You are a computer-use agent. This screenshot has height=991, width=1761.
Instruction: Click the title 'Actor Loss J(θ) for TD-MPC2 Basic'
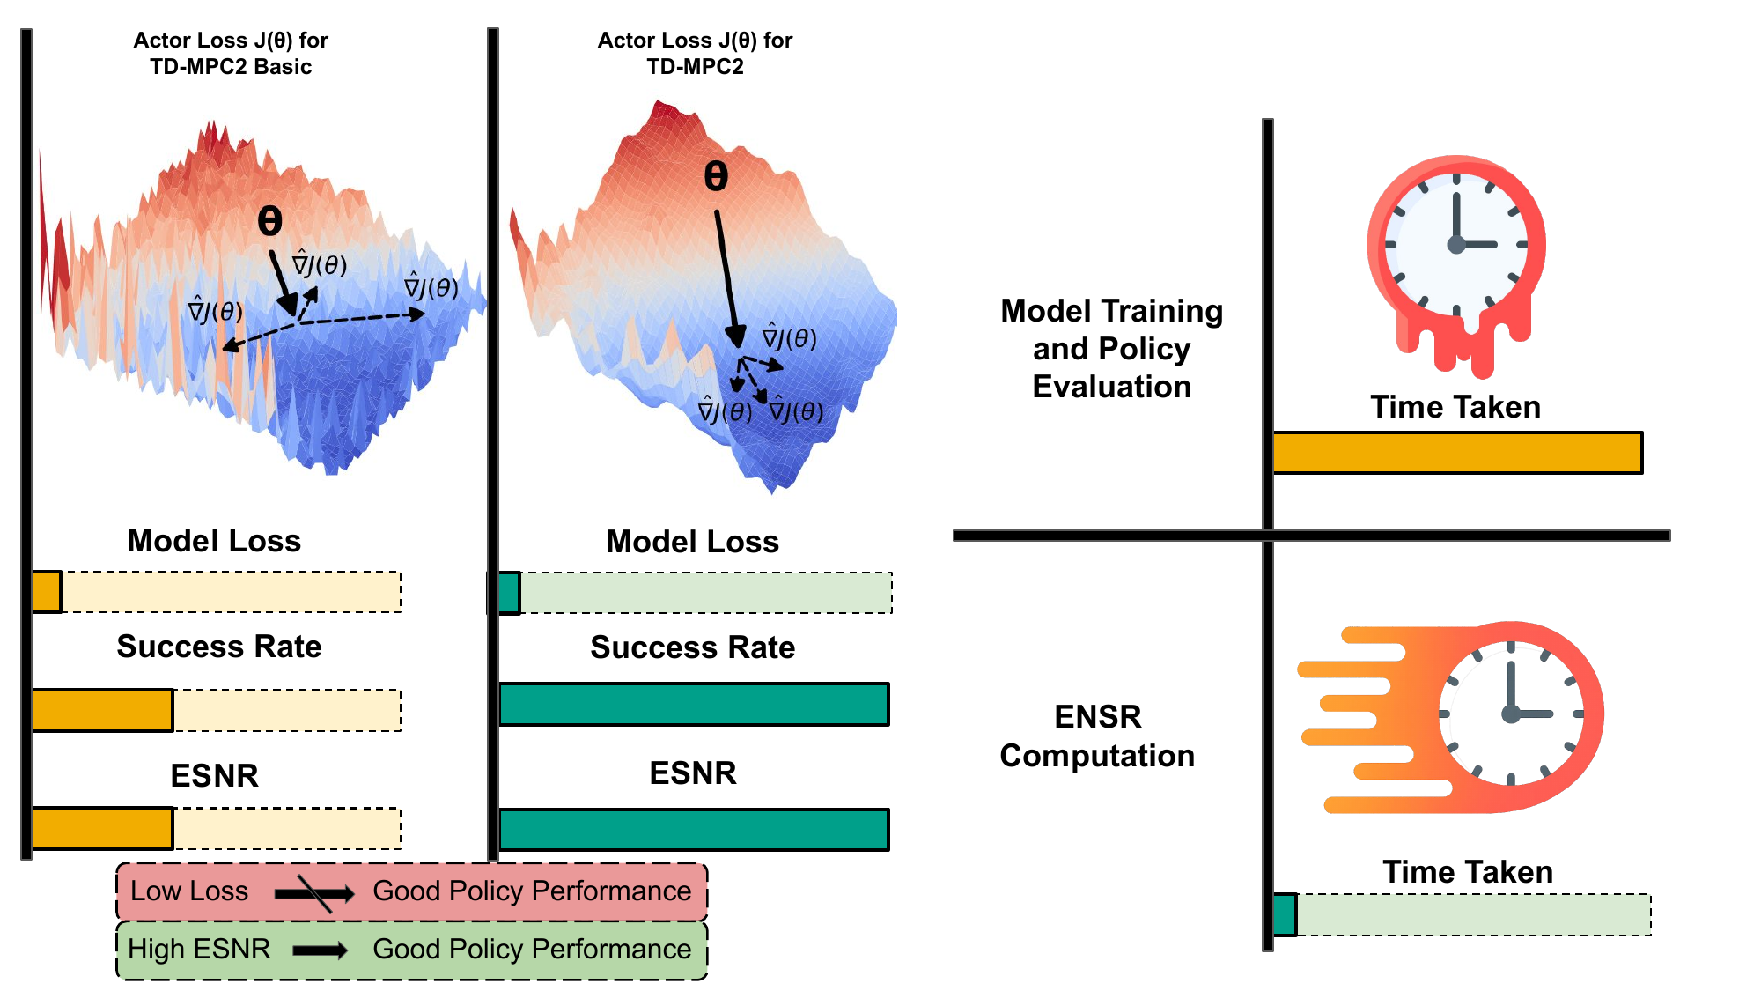pos(231,53)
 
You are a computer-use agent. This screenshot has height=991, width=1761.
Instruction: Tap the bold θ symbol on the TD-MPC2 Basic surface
pos(269,220)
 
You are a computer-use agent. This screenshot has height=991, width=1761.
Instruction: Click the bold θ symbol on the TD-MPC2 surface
pos(716,176)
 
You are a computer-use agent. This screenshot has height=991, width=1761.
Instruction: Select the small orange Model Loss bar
pos(47,592)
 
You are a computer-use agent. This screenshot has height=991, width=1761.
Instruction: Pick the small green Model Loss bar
pos(509,593)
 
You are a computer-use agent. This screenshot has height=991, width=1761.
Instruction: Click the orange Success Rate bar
pos(102,710)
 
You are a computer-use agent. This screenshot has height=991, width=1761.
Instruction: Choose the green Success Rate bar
pos(694,704)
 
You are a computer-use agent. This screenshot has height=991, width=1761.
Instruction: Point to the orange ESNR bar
pos(102,828)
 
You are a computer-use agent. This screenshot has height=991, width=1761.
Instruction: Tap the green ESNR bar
pos(694,830)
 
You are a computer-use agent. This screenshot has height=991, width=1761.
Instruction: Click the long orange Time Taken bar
pos(1457,453)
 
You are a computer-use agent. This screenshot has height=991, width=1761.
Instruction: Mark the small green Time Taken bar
pos(1286,914)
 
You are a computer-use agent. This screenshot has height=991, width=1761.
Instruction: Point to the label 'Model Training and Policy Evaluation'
pos(1111,349)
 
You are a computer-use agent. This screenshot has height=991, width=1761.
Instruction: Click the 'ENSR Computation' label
pos(1097,736)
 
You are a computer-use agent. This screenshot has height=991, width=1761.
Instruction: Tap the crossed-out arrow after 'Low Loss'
pos(313,893)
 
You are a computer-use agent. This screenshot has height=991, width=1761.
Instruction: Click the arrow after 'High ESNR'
pos(321,950)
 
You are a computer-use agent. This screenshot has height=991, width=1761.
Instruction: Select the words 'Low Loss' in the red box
pos(189,891)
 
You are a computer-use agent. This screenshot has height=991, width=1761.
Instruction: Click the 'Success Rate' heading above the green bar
pos(692,647)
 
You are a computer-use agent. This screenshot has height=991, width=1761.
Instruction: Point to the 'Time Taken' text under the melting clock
pos(1455,407)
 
